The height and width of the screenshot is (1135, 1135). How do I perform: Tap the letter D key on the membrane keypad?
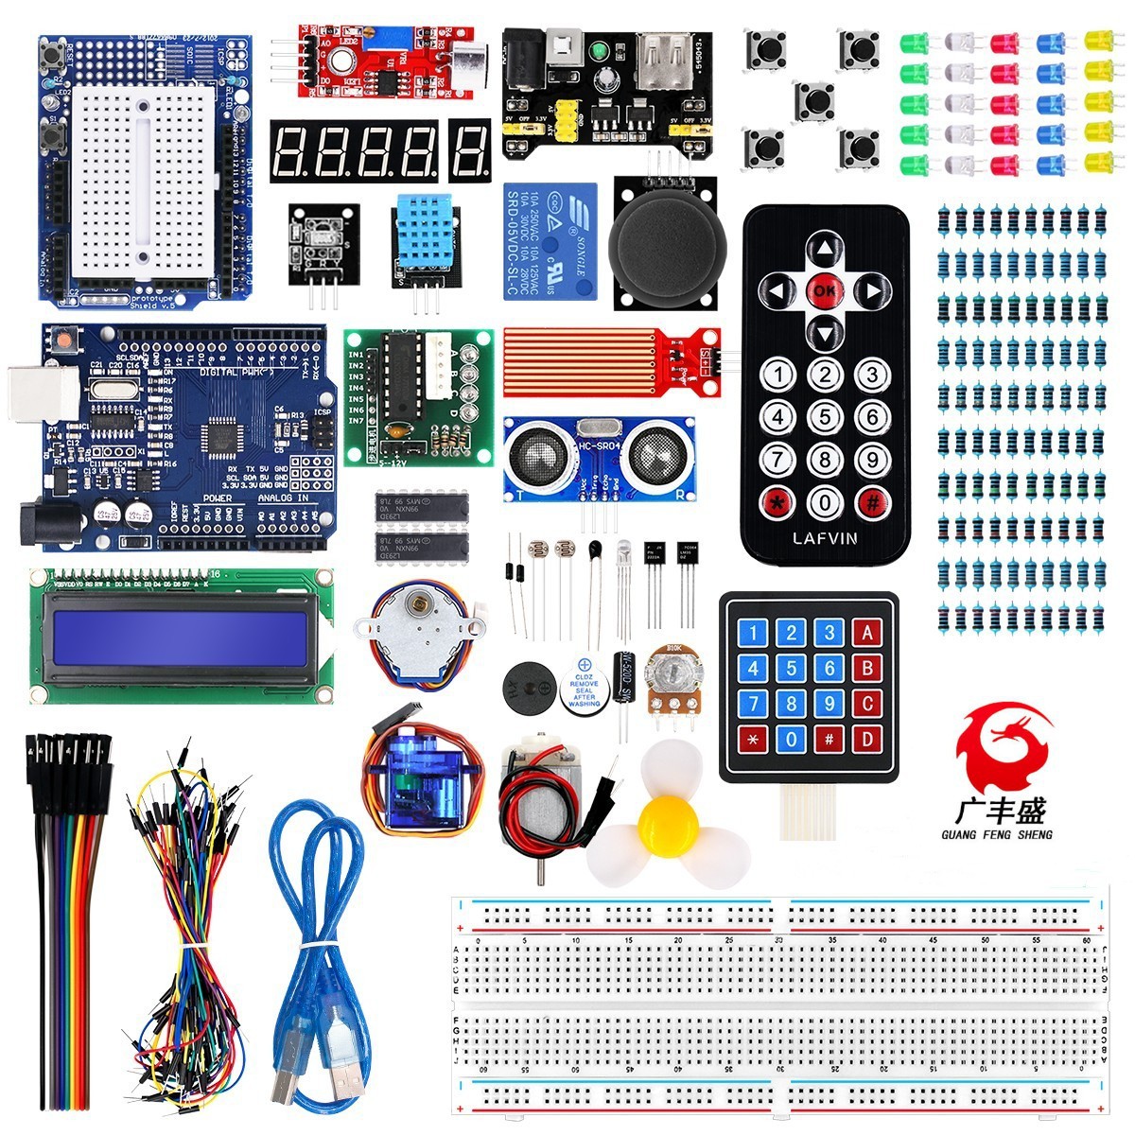(867, 738)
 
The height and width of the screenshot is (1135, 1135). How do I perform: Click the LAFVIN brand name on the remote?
(826, 539)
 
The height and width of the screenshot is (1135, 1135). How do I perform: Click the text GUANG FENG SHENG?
(997, 835)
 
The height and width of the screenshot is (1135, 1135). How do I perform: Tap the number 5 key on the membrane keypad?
(792, 670)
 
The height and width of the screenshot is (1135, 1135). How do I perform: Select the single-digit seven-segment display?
(469, 150)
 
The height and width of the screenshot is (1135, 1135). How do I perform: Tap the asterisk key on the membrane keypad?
(754, 738)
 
